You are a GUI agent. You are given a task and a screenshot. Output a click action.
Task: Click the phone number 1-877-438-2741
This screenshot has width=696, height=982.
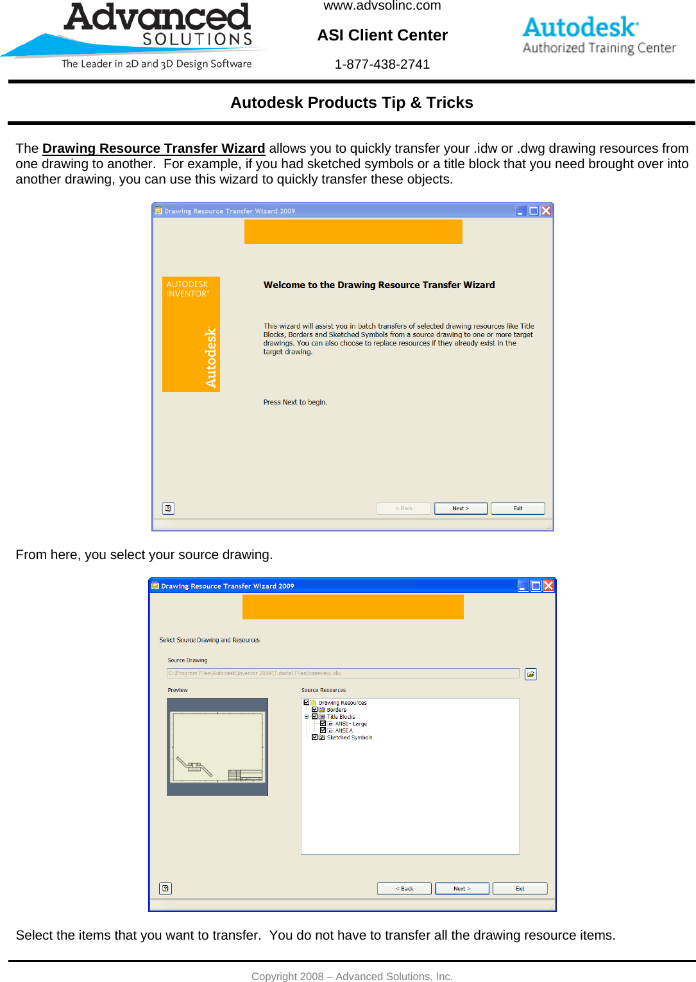tap(382, 64)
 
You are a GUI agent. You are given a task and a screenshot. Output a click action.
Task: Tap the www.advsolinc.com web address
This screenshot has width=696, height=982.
tap(382, 6)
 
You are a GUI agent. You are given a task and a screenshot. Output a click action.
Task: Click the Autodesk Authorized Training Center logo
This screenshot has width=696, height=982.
tap(599, 36)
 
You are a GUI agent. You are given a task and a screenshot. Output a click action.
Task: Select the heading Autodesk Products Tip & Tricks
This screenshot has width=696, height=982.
tap(352, 103)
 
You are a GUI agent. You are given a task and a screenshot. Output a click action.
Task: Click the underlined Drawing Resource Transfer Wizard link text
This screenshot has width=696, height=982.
tap(153, 148)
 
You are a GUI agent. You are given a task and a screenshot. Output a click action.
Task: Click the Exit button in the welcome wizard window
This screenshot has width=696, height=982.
tap(518, 508)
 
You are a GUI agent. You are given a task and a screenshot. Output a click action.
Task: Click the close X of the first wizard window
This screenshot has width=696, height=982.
tap(546, 211)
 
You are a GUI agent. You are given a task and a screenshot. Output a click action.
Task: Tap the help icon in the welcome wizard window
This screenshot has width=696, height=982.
tap(168, 508)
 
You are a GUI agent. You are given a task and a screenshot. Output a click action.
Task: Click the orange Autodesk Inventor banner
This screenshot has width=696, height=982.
tap(191, 334)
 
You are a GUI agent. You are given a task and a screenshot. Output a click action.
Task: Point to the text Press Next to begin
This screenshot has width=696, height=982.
tap(295, 402)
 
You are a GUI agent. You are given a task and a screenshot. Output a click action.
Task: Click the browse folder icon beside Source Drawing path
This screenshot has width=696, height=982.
tap(530, 674)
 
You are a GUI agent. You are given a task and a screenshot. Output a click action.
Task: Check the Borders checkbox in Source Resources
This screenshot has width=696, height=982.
tap(314, 710)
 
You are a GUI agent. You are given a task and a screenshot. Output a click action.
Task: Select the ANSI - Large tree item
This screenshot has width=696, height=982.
tap(351, 724)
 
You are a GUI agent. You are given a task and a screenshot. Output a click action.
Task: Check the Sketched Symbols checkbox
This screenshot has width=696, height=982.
tap(314, 737)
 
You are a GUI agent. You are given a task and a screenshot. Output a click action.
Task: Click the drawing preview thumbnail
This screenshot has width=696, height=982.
tap(217, 747)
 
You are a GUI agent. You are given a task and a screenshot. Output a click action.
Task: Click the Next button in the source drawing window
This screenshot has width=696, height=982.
tap(462, 889)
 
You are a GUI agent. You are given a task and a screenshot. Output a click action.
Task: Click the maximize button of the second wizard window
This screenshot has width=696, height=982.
tap(536, 585)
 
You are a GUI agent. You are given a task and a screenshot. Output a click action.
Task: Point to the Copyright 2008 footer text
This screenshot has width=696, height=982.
tap(352, 976)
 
